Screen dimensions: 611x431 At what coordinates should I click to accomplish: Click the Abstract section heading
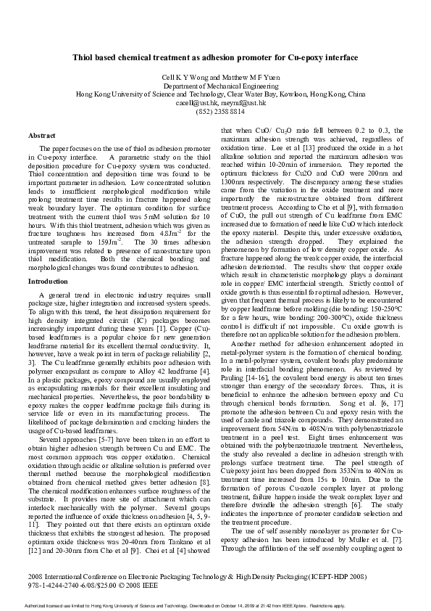(x=41, y=136)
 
